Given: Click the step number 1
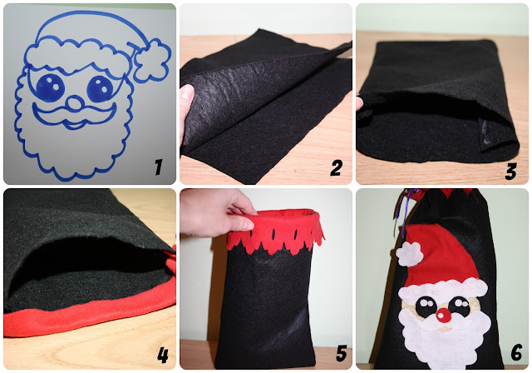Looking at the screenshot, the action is coord(159,167).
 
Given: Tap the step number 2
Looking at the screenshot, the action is coord(336,168).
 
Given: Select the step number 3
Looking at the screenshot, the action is coord(510,171).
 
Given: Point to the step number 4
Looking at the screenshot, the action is coord(163,355).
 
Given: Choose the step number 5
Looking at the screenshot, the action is coord(342,353).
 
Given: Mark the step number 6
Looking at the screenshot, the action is coord(516,352).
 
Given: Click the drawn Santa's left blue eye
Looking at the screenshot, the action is coord(50,87).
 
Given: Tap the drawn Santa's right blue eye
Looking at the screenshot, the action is coord(101,88).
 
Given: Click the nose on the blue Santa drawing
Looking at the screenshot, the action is coord(75,102).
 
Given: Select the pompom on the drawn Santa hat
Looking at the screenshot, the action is coord(152,60).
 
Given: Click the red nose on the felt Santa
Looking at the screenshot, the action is coord(443,316).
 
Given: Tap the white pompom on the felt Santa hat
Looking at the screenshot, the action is coord(410,254).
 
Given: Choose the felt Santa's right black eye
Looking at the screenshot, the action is coord(460,306).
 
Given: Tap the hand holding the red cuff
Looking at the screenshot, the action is coord(217,213).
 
